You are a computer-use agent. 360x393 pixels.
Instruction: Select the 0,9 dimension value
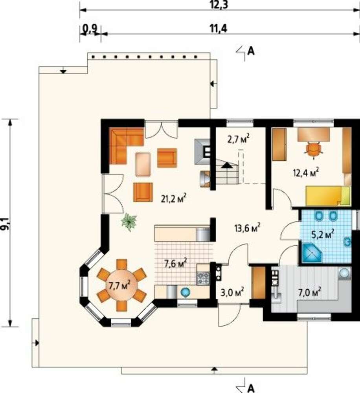pos(90,29)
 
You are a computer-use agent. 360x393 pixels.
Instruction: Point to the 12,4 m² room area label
pos(306,172)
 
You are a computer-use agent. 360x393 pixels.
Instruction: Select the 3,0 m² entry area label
pos(232,292)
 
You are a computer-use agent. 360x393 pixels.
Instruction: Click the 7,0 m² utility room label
pos(310,292)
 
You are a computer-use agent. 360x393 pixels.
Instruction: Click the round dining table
pos(122,285)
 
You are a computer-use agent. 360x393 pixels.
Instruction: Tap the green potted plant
pos(129,222)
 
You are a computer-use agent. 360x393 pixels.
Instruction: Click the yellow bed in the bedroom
pos(328,196)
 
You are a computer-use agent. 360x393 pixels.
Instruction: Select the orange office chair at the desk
pos(313,150)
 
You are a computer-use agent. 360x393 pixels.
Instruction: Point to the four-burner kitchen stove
pos(203,278)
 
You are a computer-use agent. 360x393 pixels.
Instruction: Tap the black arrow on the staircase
pos(227,165)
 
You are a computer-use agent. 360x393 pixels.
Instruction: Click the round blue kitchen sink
pos(186,292)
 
